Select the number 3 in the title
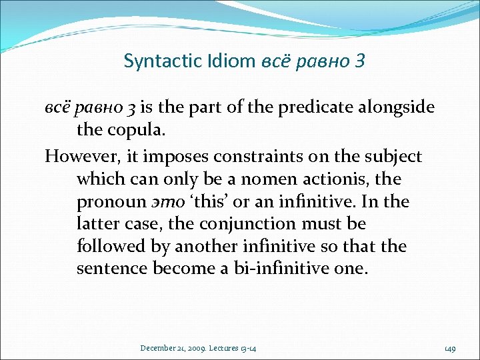361,61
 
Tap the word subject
391,157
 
